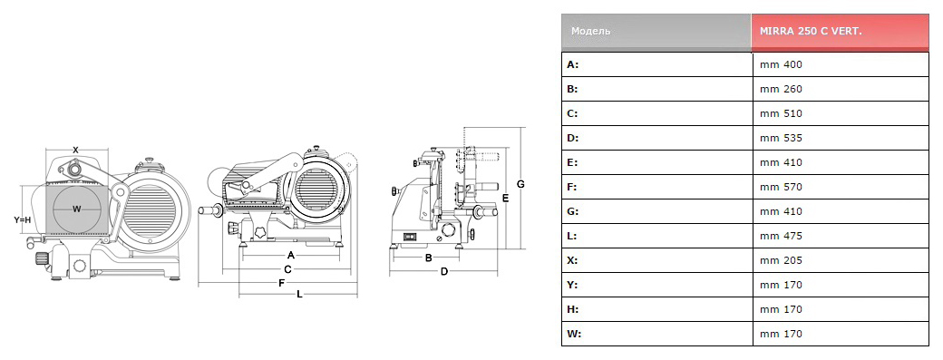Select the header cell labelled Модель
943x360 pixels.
coord(590,31)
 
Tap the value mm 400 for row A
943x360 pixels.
coord(781,64)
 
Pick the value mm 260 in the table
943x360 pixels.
coord(781,89)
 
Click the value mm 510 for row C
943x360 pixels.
coord(781,113)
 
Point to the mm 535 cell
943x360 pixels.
coord(781,138)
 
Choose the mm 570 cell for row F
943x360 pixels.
coord(781,187)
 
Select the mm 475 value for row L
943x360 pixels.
coord(781,236)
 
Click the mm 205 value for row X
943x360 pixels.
coord(781,260)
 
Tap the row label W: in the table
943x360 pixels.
coord(574,334)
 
